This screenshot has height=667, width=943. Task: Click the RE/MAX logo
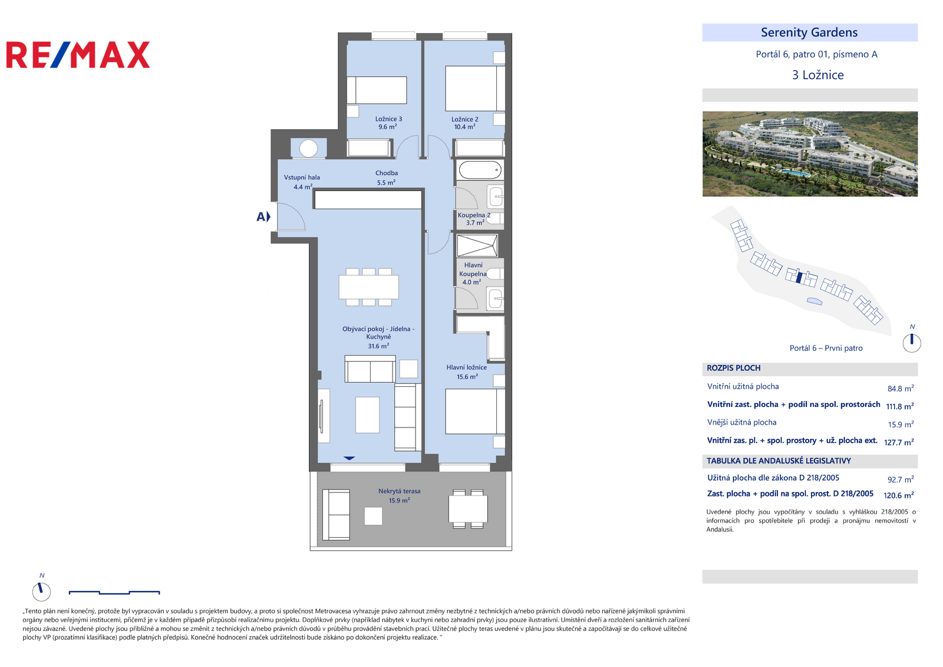click(78, 55)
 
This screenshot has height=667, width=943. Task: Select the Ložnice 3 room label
click(388, 123)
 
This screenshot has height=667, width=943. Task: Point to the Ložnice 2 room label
click(464, 123)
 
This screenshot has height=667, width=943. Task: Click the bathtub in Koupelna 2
click(480, 170)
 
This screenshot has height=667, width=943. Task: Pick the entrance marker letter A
click(261, 216)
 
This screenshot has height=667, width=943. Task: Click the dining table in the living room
click(369, 287)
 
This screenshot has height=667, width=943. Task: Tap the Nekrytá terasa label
click(399, 495)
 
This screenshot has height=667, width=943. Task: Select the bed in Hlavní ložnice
click(475, 411)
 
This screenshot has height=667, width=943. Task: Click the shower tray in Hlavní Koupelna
click(477, 246)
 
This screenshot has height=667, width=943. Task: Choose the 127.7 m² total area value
click(899, 442)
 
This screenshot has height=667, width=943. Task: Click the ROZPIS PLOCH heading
click(733, 368)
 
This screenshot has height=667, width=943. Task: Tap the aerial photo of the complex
click(810, 154)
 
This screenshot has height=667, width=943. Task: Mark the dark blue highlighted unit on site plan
click(799, 278)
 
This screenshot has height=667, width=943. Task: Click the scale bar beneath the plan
click(114, 593)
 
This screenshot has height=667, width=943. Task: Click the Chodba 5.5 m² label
click(387, 178)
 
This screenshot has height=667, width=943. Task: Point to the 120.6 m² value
click(898, 495)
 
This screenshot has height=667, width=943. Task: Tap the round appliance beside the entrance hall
click(308, 149)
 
